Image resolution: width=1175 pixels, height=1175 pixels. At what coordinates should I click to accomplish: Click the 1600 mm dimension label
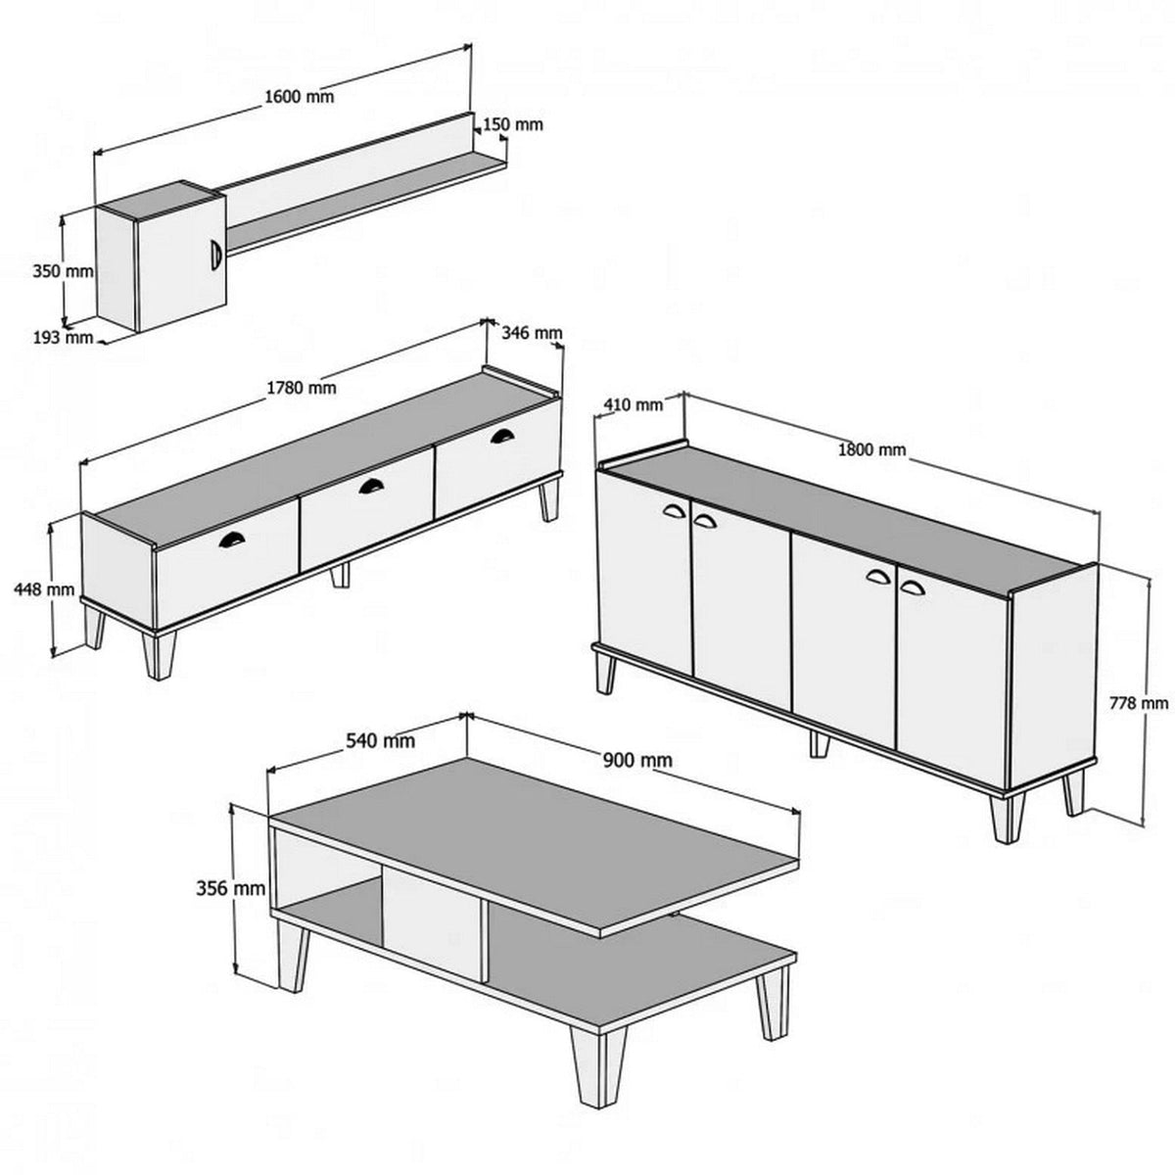(x=299, y=96)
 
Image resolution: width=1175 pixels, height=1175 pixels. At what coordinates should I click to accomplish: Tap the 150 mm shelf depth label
(x=512, y=124)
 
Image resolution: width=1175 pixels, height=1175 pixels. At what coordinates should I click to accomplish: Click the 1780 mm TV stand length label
(x=301, y=387)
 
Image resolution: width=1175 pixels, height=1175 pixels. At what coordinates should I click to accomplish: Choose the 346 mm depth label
(x=532, y=333)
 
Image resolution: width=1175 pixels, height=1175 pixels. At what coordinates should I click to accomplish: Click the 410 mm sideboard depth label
(x=631, y=403)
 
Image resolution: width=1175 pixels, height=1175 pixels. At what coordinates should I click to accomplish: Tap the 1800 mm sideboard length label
(x=871, y=449)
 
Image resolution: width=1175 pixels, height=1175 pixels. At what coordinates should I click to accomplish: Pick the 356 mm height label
(x=231, y=889)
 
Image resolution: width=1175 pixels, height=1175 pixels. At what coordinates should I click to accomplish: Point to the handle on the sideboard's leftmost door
(x=675, y=509)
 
